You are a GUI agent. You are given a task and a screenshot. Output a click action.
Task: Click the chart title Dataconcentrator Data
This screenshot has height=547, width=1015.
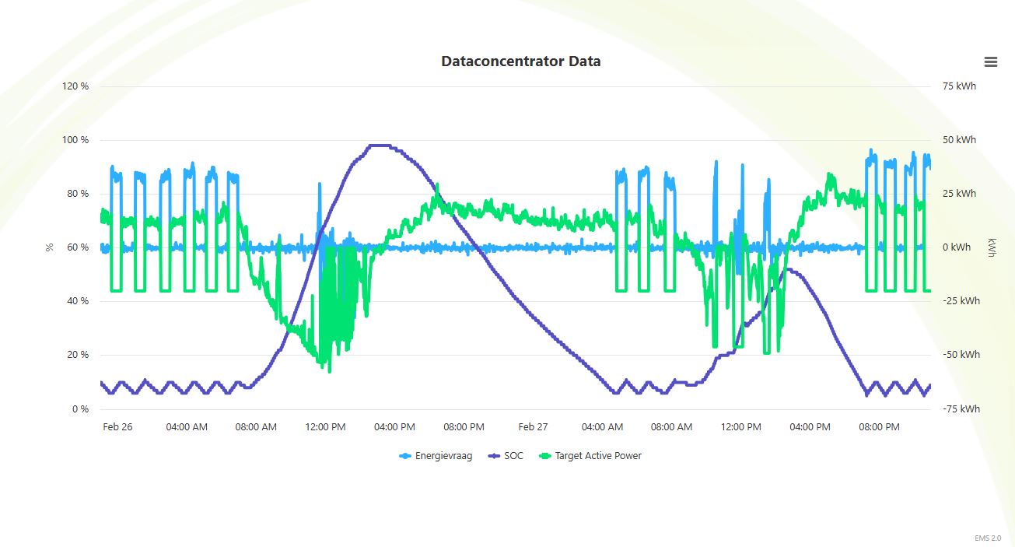coord(520,61)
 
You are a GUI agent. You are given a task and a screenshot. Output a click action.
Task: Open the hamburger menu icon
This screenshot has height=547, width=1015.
coord(990,62)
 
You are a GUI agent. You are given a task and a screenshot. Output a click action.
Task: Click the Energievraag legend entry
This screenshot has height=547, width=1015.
coord(436,456)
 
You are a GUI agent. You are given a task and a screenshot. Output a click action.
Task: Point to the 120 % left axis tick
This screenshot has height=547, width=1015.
coord(75,86)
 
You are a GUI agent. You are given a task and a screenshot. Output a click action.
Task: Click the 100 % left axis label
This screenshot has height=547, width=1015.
coord(75,140)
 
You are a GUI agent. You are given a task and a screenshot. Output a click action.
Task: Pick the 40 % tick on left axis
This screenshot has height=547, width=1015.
coord(78,301)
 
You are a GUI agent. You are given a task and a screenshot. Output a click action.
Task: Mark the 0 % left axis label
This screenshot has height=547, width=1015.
coord(80,409)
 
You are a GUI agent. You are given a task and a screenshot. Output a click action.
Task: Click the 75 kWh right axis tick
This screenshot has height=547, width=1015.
coord(958,86)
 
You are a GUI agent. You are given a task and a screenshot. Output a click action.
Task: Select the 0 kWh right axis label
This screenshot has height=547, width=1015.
coord(957,247)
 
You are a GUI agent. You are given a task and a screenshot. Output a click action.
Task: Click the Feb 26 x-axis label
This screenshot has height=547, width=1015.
coord(117,427)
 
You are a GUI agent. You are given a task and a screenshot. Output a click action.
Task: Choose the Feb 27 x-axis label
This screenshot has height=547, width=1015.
coord(533,427)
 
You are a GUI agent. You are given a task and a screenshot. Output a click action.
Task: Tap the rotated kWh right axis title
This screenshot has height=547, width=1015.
coord(992,247)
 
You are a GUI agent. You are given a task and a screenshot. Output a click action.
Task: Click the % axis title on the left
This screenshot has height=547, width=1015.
coord(50,247)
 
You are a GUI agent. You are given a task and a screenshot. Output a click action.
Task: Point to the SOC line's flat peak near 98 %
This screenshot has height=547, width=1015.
coord(379,146)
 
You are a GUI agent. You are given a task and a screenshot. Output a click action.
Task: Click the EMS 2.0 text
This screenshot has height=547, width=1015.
coord(988,538)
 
